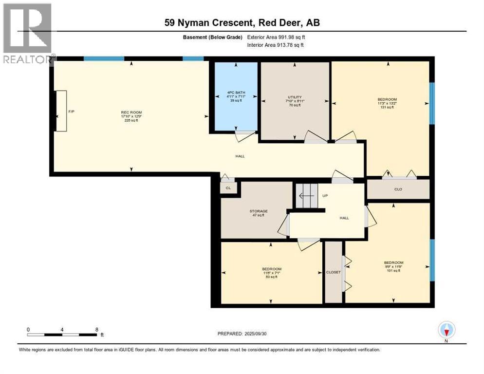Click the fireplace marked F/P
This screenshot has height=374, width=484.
61,111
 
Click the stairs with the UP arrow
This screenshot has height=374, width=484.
306,196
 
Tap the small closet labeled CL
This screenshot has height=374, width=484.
228,187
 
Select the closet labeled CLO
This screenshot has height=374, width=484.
398,189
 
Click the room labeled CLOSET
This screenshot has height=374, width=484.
334,272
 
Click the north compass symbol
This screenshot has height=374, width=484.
446,330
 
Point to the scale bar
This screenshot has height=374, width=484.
62,335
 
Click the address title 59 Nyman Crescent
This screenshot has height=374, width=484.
242,23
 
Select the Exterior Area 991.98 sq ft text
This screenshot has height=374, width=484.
276,37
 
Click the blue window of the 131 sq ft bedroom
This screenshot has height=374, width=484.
431,103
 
